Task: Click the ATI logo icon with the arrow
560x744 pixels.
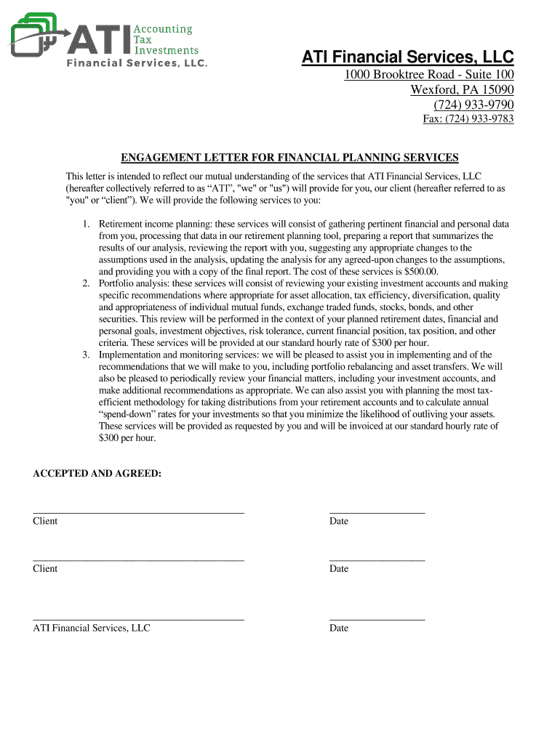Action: (36, 33)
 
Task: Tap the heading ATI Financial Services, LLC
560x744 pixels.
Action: (408, 57)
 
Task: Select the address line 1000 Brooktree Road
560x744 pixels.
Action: (429, 75)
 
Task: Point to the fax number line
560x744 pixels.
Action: (468, 119)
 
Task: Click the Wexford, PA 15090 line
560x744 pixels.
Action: (462, 90)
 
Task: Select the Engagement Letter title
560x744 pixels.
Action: (289, 158)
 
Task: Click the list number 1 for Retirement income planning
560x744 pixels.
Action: (86, 225)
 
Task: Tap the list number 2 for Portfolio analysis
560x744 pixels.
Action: (86, 283)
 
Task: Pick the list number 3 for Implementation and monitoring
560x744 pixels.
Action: (86, 355)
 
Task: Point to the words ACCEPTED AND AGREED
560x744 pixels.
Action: (97, 474)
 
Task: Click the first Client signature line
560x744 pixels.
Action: (138, 513)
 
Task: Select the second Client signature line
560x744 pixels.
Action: (138, 560)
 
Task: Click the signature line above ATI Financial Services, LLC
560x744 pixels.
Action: (138, 620)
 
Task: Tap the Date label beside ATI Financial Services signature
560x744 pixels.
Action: (339, 628)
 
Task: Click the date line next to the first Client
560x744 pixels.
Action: (377, 513)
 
